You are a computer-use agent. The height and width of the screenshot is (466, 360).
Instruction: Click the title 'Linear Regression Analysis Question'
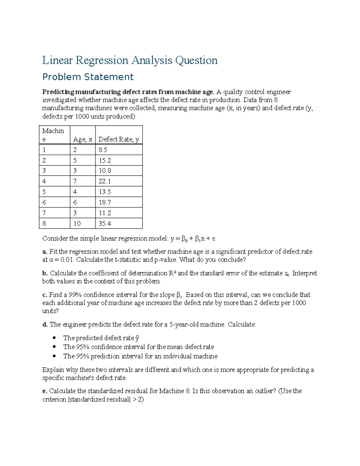coord(130,60)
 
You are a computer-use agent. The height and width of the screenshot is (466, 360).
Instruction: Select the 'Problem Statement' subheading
coord(88,77)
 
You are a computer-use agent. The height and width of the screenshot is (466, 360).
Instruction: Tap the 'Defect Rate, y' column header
coord(118,139)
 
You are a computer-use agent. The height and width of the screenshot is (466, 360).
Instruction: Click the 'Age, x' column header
coord(82,139)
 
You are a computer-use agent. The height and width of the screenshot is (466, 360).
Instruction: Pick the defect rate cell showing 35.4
coord(105,224)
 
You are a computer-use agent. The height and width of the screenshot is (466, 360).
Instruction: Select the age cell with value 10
coord(77,224)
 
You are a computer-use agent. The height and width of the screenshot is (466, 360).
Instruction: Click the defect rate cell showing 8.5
coord(103,150)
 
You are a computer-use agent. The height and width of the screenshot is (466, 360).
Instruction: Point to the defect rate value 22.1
coord(105,181)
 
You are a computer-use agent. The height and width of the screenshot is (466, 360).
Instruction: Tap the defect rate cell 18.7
coord(105,203)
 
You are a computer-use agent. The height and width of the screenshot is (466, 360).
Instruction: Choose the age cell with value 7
coord(75,181)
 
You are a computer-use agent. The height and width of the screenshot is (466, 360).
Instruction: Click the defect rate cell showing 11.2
coord(105,213)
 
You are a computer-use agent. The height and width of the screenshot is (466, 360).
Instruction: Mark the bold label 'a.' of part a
coord(45,252)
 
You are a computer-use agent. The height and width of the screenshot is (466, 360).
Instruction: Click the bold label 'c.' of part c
coord(45,295)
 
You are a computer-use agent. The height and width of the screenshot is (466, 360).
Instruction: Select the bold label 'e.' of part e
coord(45,391)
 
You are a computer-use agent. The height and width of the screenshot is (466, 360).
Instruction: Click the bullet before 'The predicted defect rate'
coord(54,338)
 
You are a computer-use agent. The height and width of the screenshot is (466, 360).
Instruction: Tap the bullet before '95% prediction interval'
coord(54,356)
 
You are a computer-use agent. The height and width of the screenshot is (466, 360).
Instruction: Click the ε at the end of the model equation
coord(214,239)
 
